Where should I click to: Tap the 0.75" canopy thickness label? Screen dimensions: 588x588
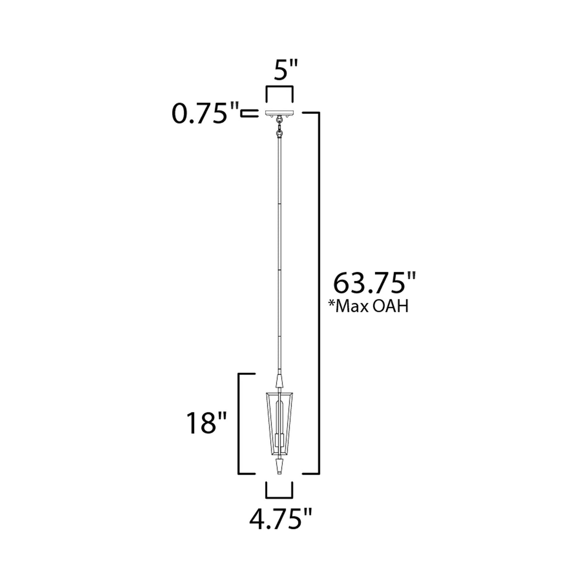(x=205, y=114)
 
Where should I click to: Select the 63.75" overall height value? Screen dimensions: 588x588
(x=374, y=284)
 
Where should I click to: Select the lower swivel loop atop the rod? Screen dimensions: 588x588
(x=279, y=133)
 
